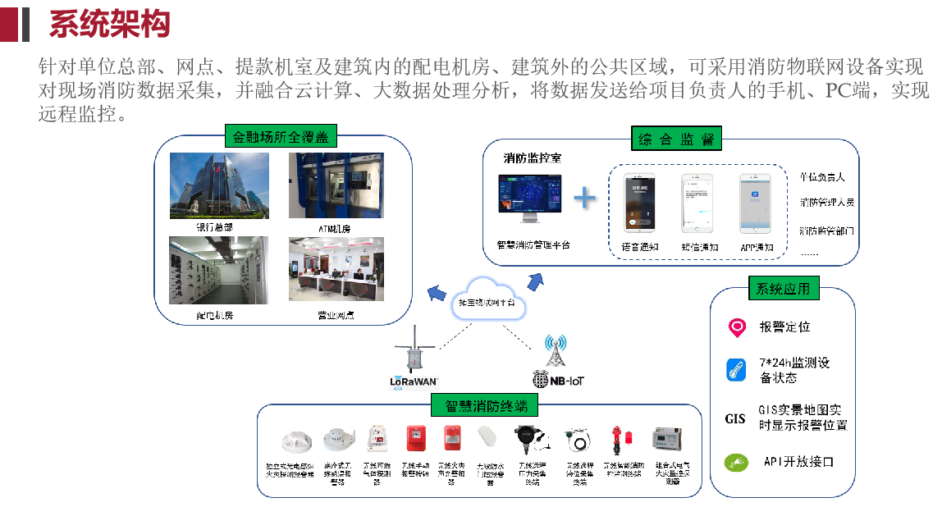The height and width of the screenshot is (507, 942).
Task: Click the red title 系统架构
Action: (109, 24)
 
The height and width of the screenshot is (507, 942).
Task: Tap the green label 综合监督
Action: (675, 139)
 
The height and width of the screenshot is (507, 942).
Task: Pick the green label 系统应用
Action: (783, 288)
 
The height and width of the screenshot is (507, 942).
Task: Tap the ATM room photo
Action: (336, 185)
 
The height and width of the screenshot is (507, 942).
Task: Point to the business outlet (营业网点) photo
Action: (336, 270)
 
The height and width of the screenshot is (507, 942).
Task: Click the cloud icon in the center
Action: (487, 299)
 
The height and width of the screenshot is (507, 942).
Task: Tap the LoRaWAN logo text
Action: (415, 381)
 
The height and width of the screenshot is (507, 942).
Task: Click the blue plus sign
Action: (583, 198)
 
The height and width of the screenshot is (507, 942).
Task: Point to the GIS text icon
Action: (735, 418)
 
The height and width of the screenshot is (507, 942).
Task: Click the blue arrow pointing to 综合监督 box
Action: (536, 281)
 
